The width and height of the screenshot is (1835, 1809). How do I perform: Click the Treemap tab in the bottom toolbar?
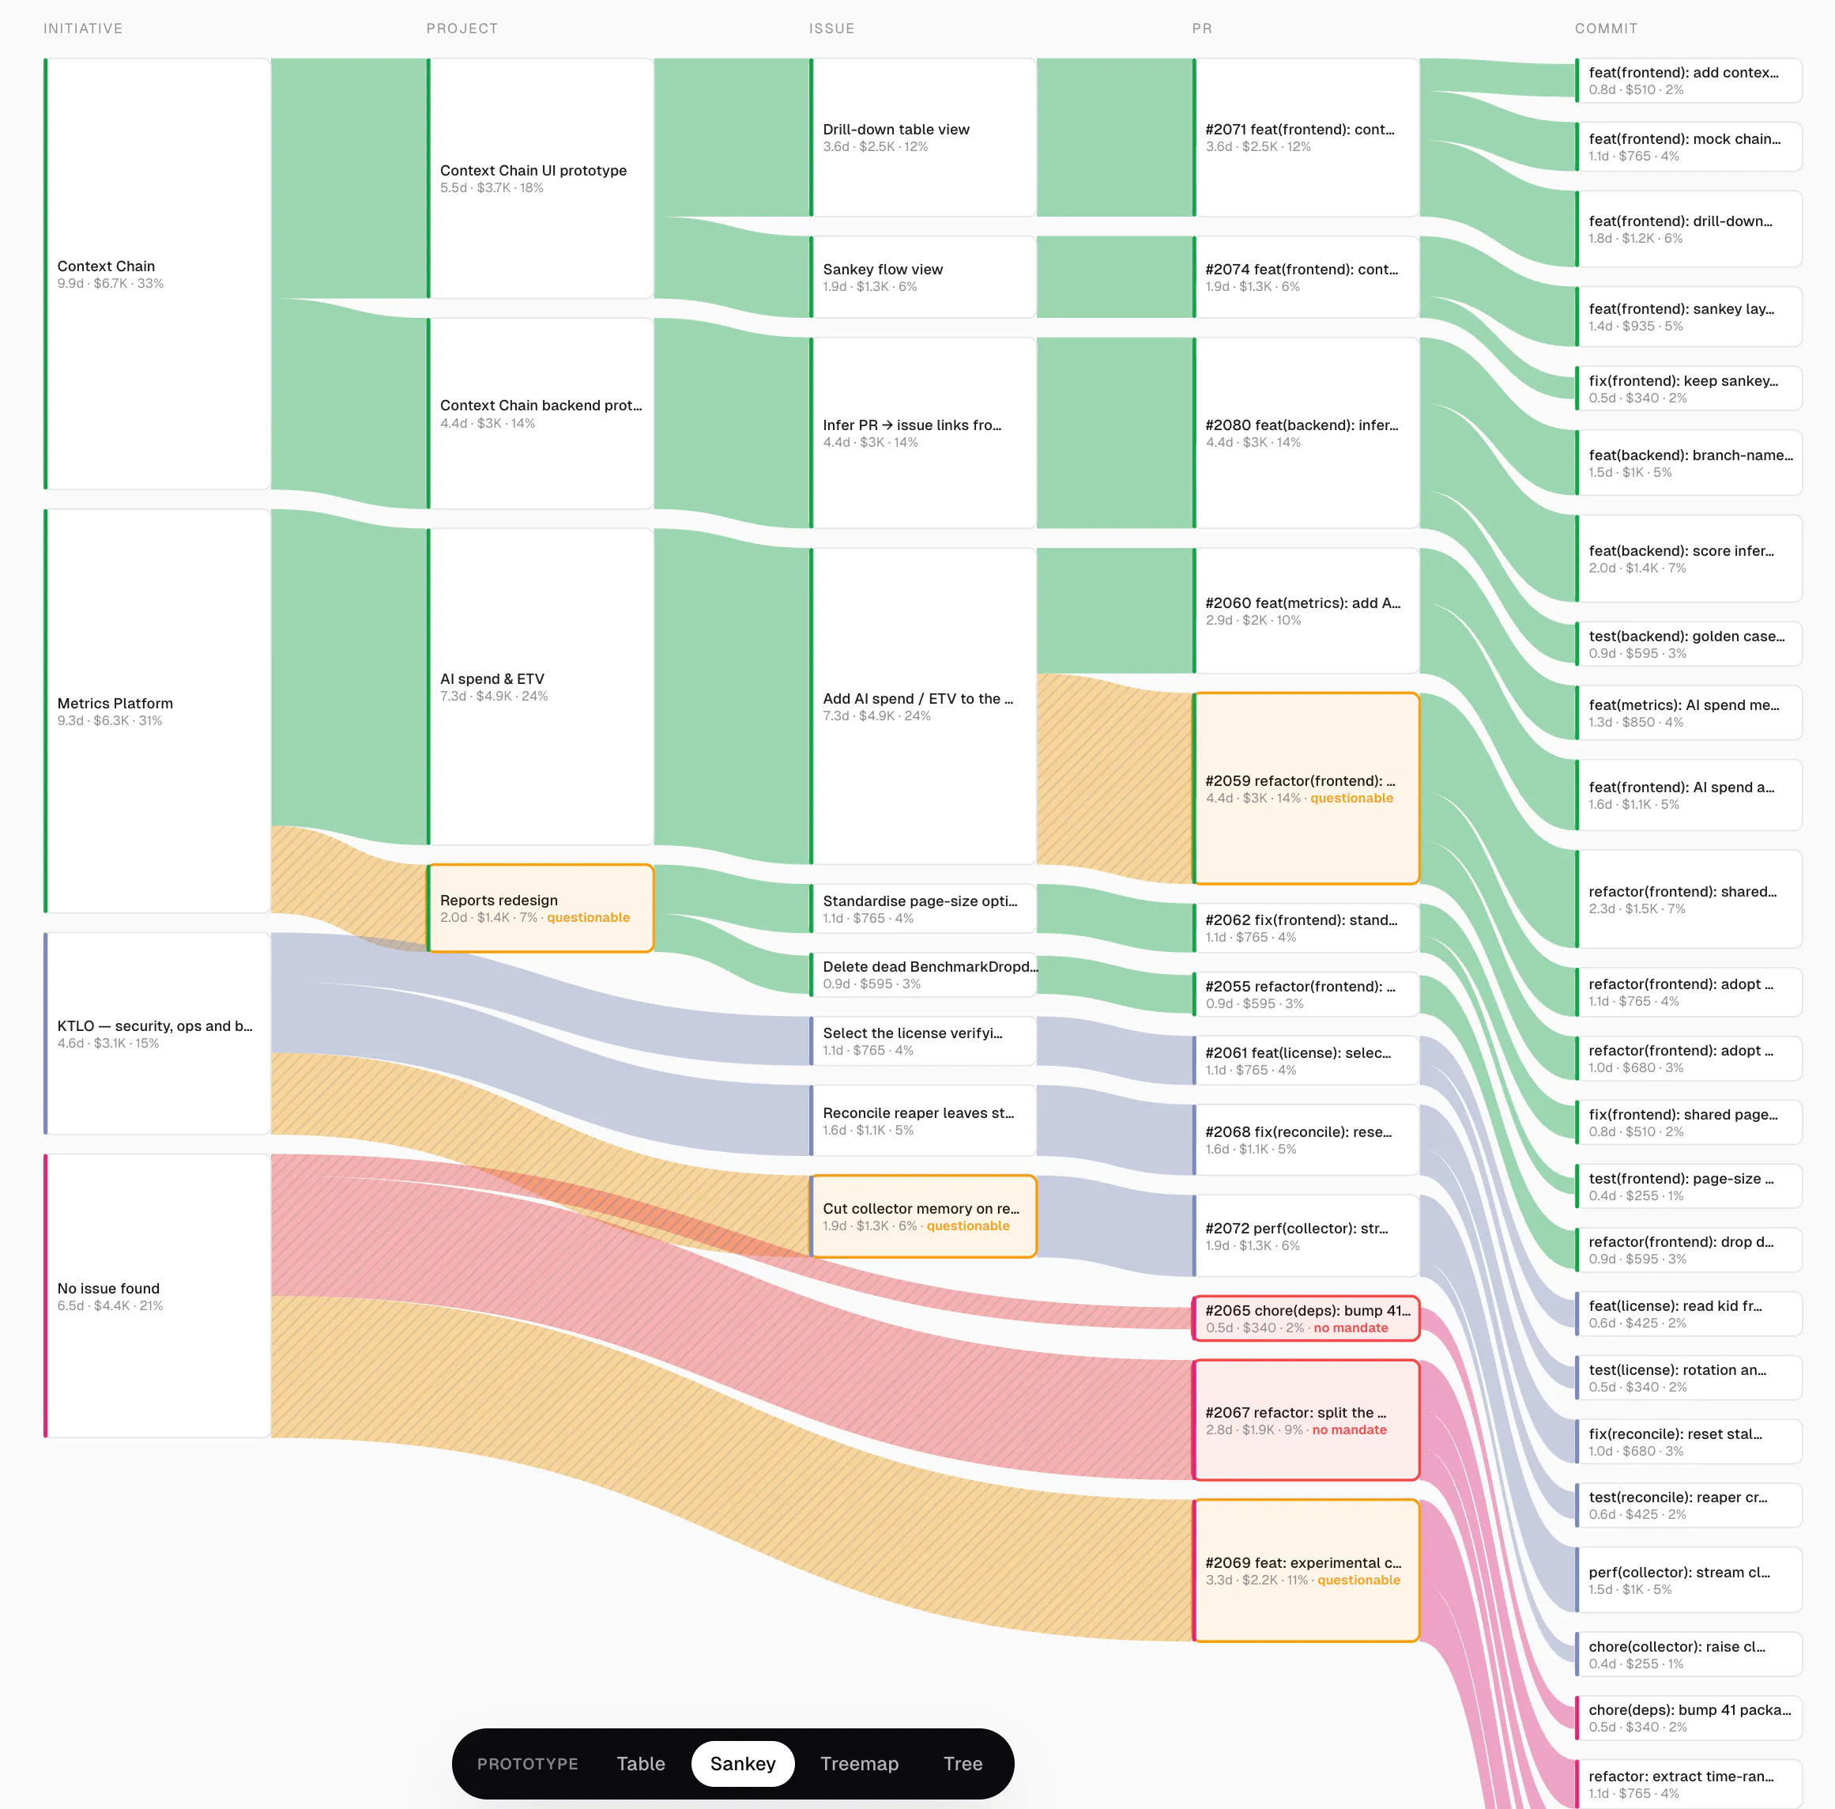[x=858, y=1763]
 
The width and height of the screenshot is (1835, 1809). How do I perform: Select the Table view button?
[x=640, y=1763]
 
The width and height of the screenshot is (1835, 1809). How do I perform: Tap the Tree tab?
[x=962, y=1763]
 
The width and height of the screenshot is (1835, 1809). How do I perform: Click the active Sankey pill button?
[x=743, y=1763]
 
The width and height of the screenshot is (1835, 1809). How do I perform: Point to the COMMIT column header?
[x=1606, y=28]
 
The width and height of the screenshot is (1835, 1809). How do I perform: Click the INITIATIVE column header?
[x=83, y=28]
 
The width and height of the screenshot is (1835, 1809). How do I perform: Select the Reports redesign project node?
[x=541, y=908]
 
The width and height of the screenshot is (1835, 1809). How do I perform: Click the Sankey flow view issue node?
[x=923, y=277]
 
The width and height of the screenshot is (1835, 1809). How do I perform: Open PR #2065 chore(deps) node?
[x=1306, y=1318]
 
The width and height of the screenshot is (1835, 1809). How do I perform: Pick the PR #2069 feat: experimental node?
[x=1306, y=1570]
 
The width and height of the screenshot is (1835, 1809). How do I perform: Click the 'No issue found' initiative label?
[x=108, y=1288]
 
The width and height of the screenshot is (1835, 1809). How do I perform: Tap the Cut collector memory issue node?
[x=923, y=1216]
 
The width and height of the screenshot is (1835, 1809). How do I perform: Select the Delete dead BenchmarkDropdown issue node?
[x=923, y=975]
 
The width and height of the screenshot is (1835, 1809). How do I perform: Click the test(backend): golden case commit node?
[x=1689, y=644]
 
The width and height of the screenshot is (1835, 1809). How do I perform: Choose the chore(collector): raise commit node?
[x=1689, y=1654]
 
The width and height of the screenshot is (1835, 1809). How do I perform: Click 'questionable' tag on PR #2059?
[x=1351, y=798]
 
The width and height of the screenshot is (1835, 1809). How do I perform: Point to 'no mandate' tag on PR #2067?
[x=1349, y=1430]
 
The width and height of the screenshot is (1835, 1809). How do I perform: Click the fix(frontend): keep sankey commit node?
[x=1689, y=388]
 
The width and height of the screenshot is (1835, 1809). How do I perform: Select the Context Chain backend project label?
[x=541, y=406]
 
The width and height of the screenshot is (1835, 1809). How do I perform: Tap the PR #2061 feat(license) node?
[x=1306, y=1060]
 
